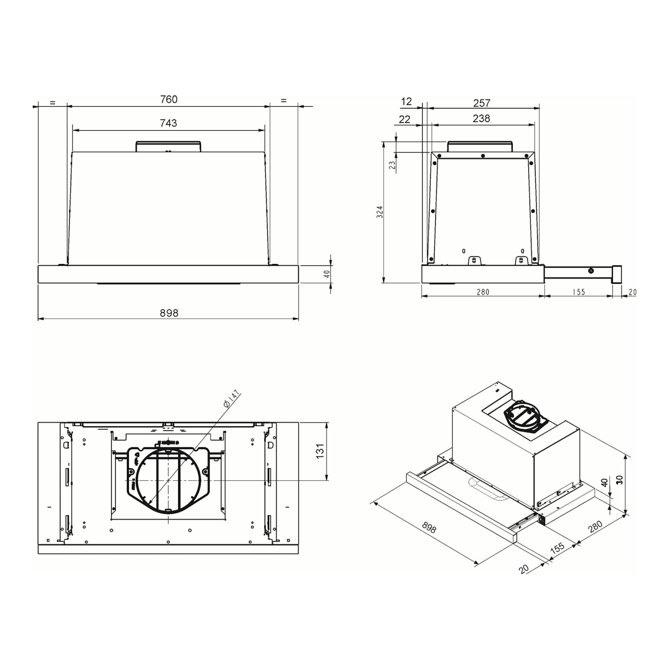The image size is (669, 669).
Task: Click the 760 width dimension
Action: [169, 99]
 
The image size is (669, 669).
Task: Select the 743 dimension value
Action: [169, 123]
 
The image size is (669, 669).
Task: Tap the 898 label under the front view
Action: [169, 313]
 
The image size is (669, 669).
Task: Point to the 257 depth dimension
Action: [482, 103]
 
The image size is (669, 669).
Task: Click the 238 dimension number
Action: [481, 118]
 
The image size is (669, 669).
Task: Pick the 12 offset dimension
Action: [406, 101]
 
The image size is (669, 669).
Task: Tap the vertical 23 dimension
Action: [392, 164]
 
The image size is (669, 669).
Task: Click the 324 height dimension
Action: [380, 212]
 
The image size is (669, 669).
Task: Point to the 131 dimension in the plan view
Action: [320, 451]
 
